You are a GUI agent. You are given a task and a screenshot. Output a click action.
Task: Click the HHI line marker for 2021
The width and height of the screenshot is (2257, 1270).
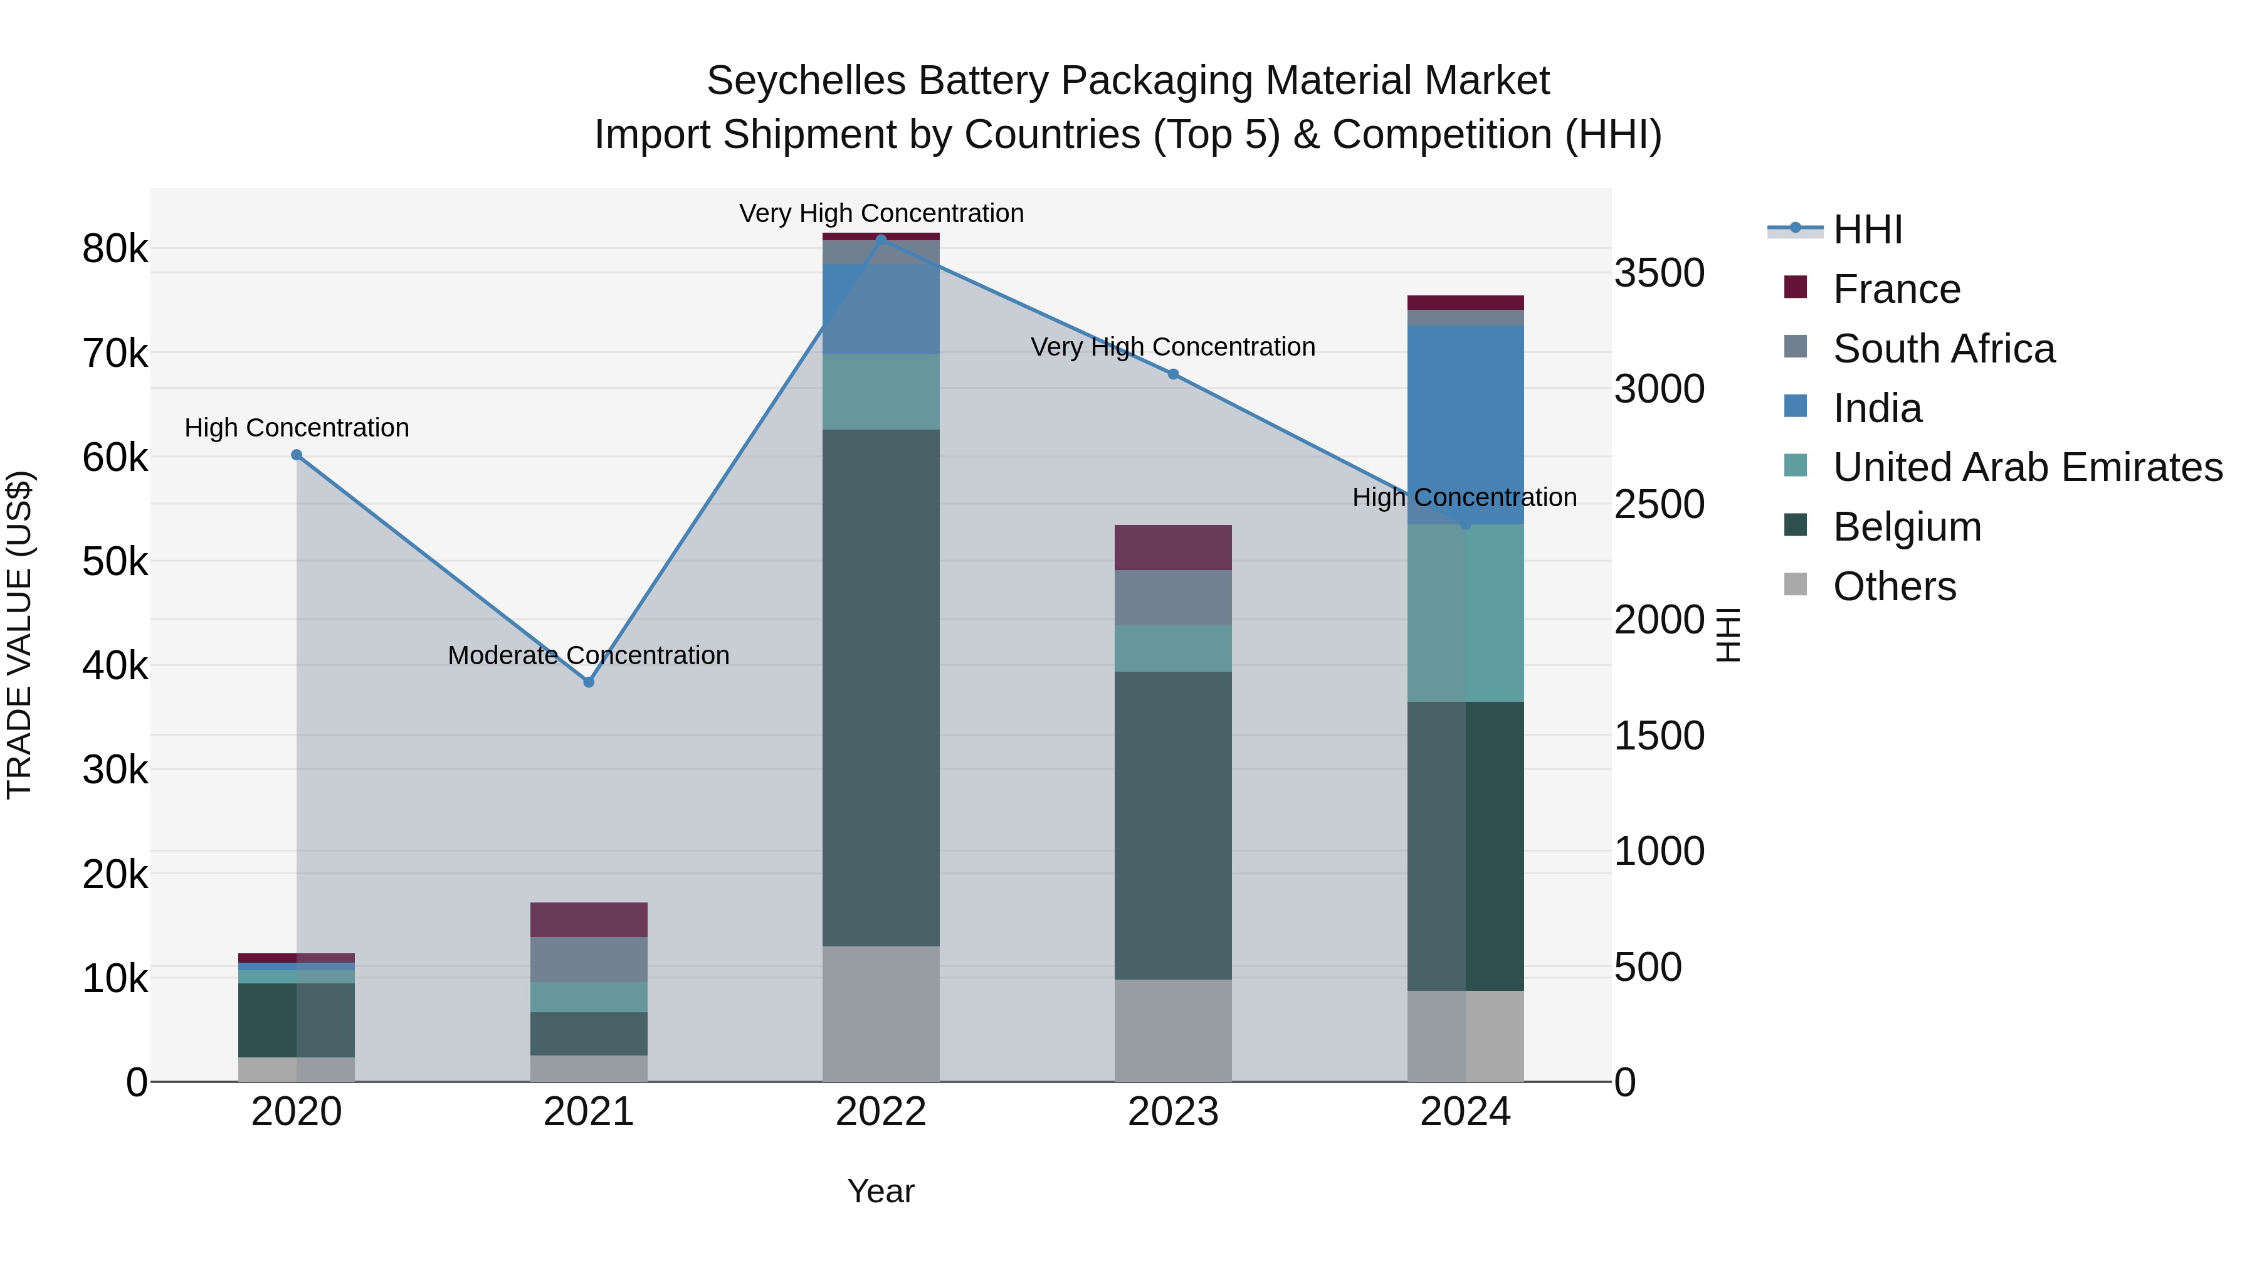589,682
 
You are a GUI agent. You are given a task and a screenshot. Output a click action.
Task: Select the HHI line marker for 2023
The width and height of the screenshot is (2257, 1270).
1173,374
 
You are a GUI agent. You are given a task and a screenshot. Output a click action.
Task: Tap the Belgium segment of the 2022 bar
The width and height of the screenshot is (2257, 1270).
881,688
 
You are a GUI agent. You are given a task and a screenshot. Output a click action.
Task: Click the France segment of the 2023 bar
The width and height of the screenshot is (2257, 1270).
1172,548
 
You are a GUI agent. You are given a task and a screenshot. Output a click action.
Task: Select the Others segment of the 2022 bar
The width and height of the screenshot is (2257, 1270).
881,1013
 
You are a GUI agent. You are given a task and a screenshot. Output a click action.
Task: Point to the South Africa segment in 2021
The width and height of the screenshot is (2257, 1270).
589,960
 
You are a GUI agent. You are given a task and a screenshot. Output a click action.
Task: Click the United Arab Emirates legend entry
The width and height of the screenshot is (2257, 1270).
2028,467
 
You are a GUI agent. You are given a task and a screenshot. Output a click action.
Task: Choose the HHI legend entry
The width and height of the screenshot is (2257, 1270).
1866,230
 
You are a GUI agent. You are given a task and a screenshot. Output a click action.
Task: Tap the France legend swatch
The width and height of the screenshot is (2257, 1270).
1796,287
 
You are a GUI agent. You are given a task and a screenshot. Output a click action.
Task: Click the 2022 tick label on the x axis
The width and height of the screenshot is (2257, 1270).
881,1112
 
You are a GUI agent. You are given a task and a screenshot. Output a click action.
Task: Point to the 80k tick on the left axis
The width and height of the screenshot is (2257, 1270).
115,249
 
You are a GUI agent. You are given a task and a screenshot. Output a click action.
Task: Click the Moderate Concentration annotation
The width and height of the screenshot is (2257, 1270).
588,655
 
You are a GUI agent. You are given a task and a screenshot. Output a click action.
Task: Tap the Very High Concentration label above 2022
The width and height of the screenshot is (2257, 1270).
881,213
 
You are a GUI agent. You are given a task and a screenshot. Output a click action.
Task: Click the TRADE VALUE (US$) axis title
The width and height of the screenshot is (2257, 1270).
19,635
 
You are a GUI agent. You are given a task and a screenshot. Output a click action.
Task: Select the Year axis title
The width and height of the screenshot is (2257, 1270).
881,1191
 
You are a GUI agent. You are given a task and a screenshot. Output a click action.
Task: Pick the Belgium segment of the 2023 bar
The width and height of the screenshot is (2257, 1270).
1172,825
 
